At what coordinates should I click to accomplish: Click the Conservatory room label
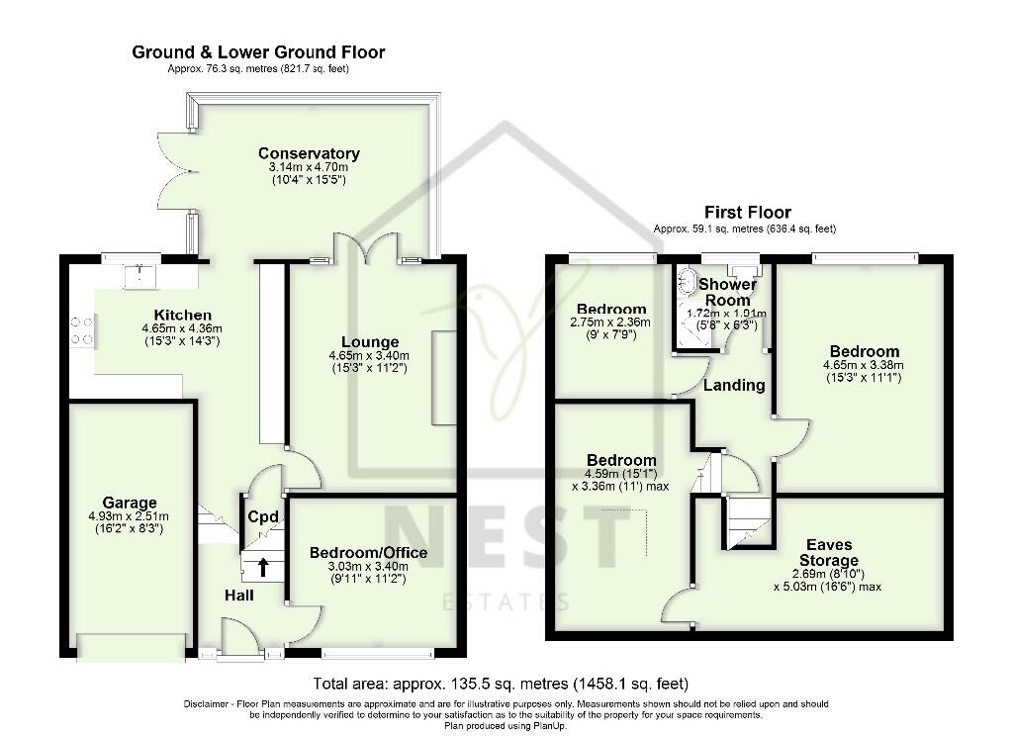[309, 153]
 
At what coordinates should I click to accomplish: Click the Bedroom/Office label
[368, 552]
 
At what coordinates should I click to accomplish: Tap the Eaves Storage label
[828, 553]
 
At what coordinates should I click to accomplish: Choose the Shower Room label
[727, 292]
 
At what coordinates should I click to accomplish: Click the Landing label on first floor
[735, 385]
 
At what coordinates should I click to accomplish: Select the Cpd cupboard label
[262, 516]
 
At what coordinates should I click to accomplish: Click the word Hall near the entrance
[238, 596]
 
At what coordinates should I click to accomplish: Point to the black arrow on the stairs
[263, 567]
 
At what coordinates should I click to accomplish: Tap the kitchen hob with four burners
[82, 330]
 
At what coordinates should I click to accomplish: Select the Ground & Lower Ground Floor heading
[258, 52]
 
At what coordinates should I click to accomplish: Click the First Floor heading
[747, 213]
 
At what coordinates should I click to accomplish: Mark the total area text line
[501, 684]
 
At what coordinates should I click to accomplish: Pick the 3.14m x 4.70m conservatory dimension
[309, 168]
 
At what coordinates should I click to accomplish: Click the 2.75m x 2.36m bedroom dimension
[611, 322]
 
